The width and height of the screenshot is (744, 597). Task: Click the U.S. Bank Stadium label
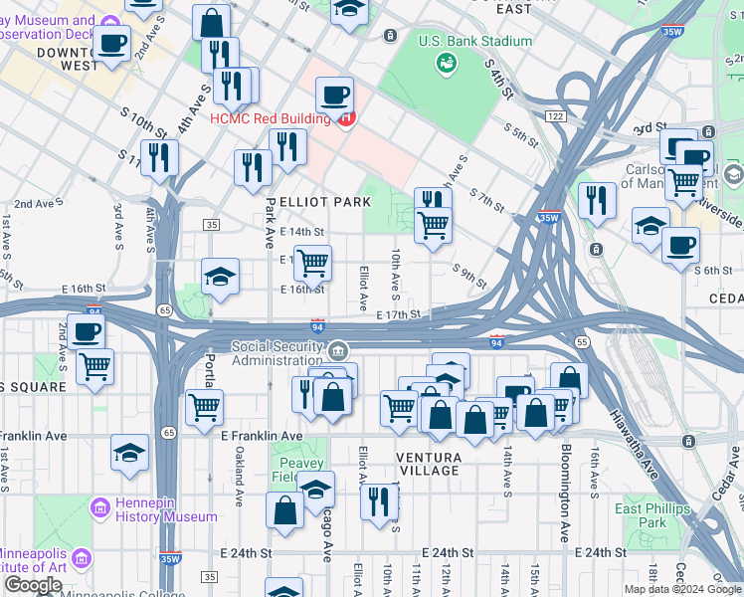(x=474, y=41)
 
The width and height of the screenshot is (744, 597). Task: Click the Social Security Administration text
(x=279, y=353)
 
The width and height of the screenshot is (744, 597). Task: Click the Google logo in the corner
(x=33, y=585)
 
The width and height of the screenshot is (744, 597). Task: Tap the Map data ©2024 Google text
(x=682, y=589)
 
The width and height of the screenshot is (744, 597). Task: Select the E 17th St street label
(x=399, y=314)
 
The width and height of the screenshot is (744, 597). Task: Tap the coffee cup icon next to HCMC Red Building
(x=335, y=96)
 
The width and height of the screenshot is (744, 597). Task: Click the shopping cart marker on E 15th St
(x=312, y=264)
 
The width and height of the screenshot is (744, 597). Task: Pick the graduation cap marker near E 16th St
(x=220, y=277)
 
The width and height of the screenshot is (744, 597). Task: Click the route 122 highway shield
(x=555, y=116)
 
